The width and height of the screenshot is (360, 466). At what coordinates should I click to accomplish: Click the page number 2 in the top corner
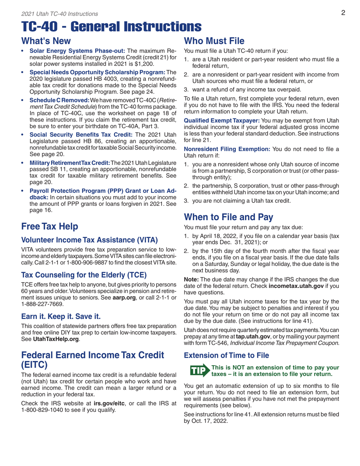tap(343, 13)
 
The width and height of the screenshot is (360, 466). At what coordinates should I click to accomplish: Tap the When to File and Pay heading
tap(228, 217)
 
